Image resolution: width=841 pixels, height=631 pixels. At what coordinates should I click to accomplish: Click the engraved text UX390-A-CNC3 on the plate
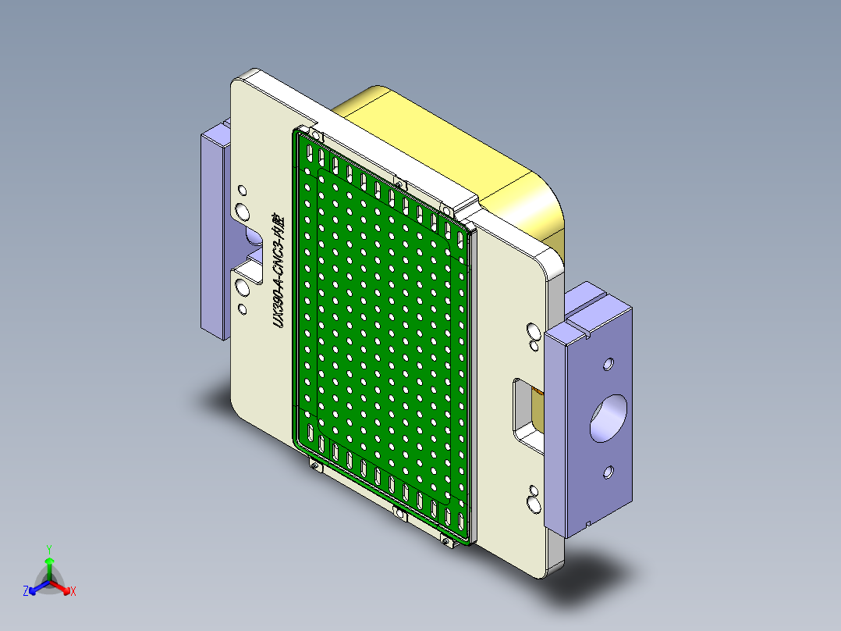pos(278,270)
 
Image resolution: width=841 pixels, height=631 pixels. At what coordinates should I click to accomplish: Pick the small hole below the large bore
pos(609,472)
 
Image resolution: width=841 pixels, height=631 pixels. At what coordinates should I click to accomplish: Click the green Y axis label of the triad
pos(48,549)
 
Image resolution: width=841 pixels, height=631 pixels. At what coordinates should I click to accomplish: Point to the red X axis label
pos(73,592)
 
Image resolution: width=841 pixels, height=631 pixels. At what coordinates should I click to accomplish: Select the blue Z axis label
pos(26,592)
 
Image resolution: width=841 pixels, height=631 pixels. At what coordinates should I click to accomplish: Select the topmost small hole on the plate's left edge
pos(242,190)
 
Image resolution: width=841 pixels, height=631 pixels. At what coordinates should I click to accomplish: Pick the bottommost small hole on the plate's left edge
pos(242,309)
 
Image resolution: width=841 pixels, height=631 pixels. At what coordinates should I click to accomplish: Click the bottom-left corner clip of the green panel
pos(314,467)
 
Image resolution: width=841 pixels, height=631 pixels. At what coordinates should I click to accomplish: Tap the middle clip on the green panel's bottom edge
pos(399,513)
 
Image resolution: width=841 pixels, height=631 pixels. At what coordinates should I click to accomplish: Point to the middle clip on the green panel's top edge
pos(399,184)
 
